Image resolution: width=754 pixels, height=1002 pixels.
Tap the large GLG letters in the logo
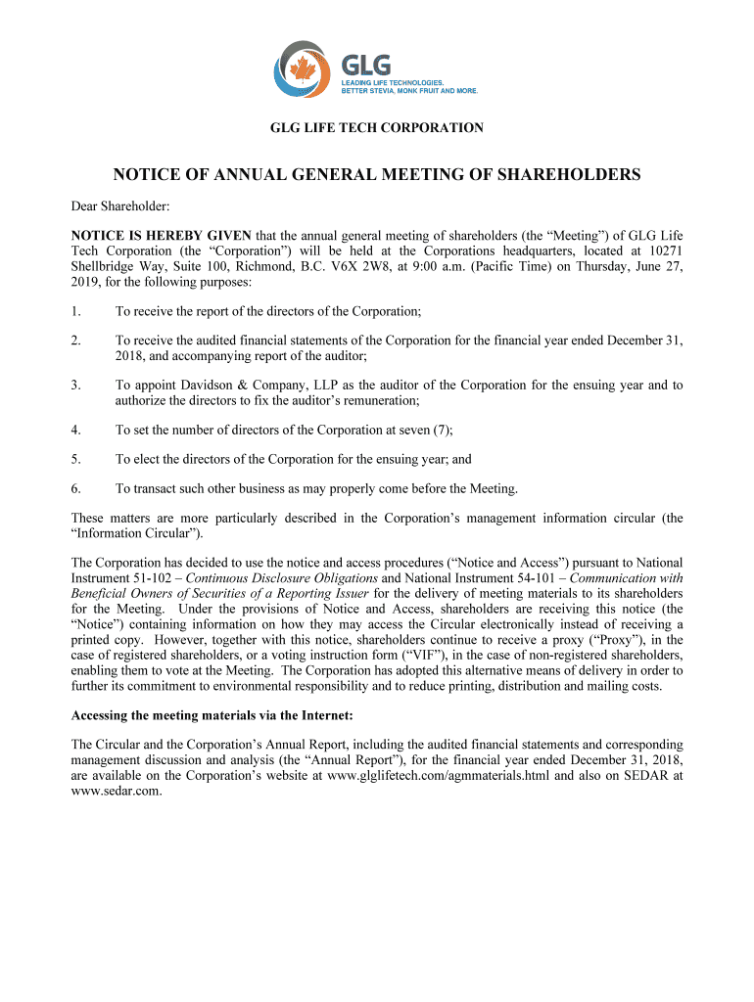[365, 65]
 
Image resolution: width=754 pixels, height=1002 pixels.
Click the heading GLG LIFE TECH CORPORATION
[377, 127]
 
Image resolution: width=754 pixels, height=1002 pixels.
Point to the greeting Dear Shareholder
[120, 206]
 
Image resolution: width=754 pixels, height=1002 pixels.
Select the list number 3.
[75, 386]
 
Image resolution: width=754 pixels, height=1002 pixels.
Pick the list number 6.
[75, 488]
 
